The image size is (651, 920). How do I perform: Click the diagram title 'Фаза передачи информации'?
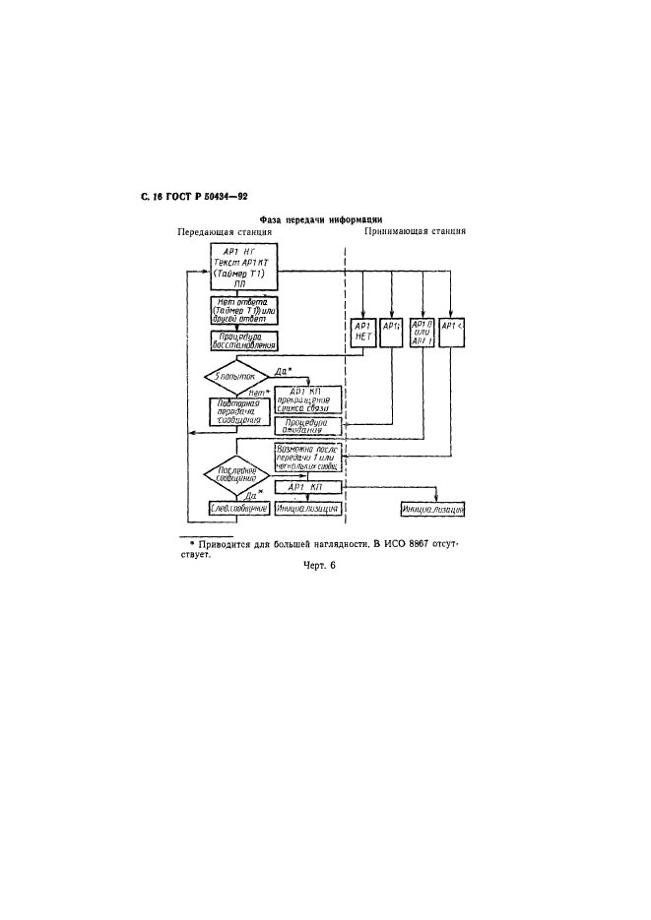[x=320, y=219]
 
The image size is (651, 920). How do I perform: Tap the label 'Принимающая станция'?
[x=415, y=233]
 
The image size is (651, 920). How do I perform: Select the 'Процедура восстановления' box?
[x=244, y=341]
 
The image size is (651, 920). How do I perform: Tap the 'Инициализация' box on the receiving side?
[x=432, y=510]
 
